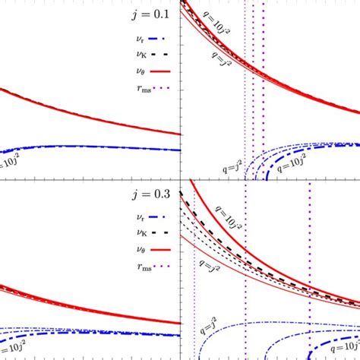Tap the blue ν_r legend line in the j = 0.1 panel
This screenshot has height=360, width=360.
(162, 36)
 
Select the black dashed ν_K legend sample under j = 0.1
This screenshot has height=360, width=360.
(162, 54)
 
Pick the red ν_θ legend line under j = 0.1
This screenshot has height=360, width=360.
(162, 72)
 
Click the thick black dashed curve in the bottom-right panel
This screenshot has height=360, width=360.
(251, 261)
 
